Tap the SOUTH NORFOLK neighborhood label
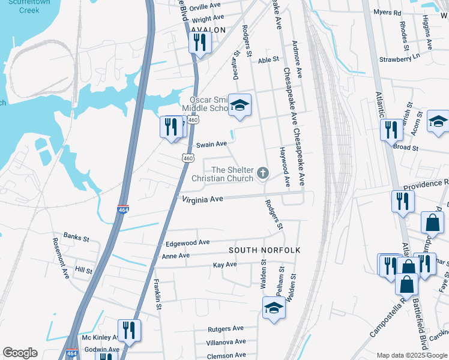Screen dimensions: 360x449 click(x=264, y=250)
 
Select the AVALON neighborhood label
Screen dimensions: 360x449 click(x=208, y=30)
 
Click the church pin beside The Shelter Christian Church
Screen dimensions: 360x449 click(x=262, y=174)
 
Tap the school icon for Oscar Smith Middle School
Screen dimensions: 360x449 click(x=240, y=106)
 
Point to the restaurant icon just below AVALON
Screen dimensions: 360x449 click(x=199, y=43)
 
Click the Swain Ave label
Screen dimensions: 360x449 click(x=212, y=144)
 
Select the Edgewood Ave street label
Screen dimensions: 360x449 click(x=187, y=242)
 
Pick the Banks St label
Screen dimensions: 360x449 click(x=76, y=238)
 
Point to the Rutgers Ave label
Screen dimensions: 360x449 click(x=226, y=329)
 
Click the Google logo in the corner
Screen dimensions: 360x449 click(x=20, y=353)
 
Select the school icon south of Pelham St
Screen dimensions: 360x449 click(x=274, y=308)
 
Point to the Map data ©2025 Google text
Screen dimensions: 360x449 click(x=411, y=355)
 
